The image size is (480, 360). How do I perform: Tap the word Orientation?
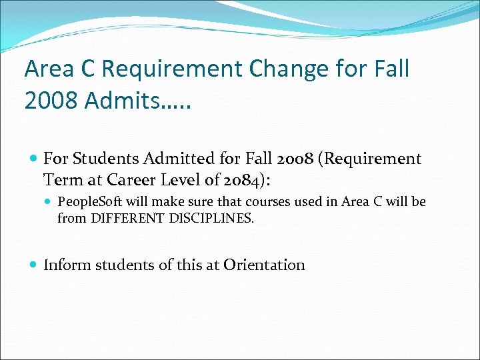264,265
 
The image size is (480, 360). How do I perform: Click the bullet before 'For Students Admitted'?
33,159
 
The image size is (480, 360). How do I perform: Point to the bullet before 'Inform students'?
33,265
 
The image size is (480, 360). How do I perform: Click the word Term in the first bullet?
63,180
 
